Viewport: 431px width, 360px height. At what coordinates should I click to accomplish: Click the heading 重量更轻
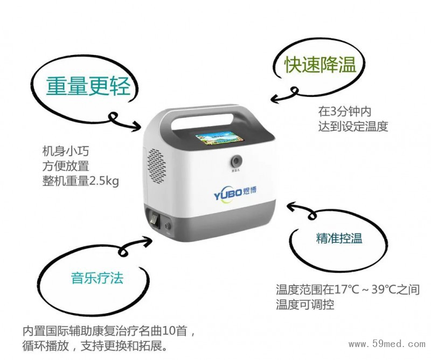(x=88, y=86)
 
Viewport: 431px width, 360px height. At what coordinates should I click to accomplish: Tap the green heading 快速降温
(x=320, y=65)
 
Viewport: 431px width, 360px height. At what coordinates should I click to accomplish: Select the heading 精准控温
(x=339, y=238)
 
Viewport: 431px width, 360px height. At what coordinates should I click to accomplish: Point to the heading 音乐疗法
(x=98, y=278)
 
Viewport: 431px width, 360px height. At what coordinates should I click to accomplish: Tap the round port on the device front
(x=236, y=161)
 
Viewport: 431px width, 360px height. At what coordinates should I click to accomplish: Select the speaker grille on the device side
(x=157, y=167)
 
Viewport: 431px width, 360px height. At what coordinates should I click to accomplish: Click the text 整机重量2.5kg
(x=80, y=181)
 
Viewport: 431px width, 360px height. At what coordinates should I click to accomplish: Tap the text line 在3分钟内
(x=345, y=112)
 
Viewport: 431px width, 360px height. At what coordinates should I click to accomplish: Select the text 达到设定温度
(x=353, y=126)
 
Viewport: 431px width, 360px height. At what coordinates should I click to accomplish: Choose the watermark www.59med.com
(x=387, y=344)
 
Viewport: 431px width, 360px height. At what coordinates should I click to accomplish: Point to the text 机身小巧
(x=65, y=151)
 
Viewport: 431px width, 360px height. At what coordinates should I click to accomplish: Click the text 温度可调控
(x=305, y=304)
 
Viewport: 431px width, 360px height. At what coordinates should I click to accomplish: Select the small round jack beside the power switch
(x=167, y=226)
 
